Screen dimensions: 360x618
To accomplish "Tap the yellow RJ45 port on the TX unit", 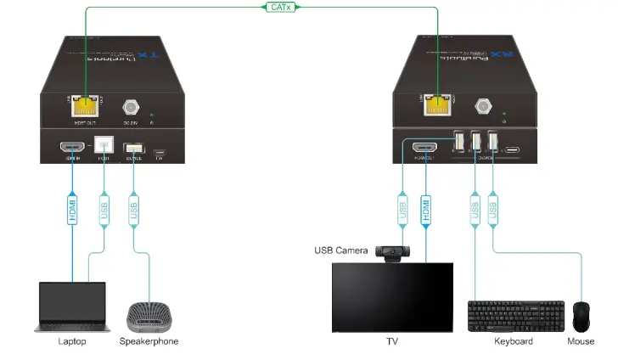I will click(84, 107).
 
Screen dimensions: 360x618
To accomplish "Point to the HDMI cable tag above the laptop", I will click(73, 211).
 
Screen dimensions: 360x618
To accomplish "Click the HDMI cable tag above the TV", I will click(425, 209).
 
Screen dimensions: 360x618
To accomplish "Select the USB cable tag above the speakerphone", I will click(132, 210).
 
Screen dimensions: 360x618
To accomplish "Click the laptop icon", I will click(72, 307).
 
